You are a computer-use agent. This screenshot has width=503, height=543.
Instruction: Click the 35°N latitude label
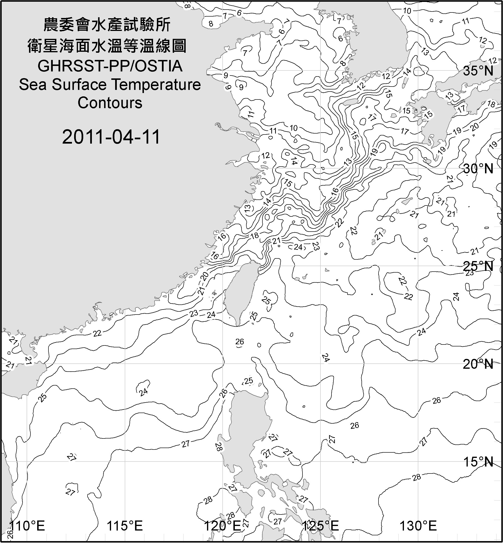478,71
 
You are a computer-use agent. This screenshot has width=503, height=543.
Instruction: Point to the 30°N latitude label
478,169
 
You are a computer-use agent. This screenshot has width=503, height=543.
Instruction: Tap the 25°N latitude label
478,266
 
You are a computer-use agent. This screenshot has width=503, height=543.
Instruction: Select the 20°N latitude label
478,364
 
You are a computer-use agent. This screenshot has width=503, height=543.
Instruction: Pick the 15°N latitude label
478,462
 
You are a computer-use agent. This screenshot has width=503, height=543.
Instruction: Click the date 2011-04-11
111,137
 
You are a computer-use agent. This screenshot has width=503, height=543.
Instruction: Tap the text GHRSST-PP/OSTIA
110,66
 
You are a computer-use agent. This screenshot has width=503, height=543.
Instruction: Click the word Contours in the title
110,103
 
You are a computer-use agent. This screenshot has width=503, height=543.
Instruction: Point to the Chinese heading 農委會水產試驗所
107,25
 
